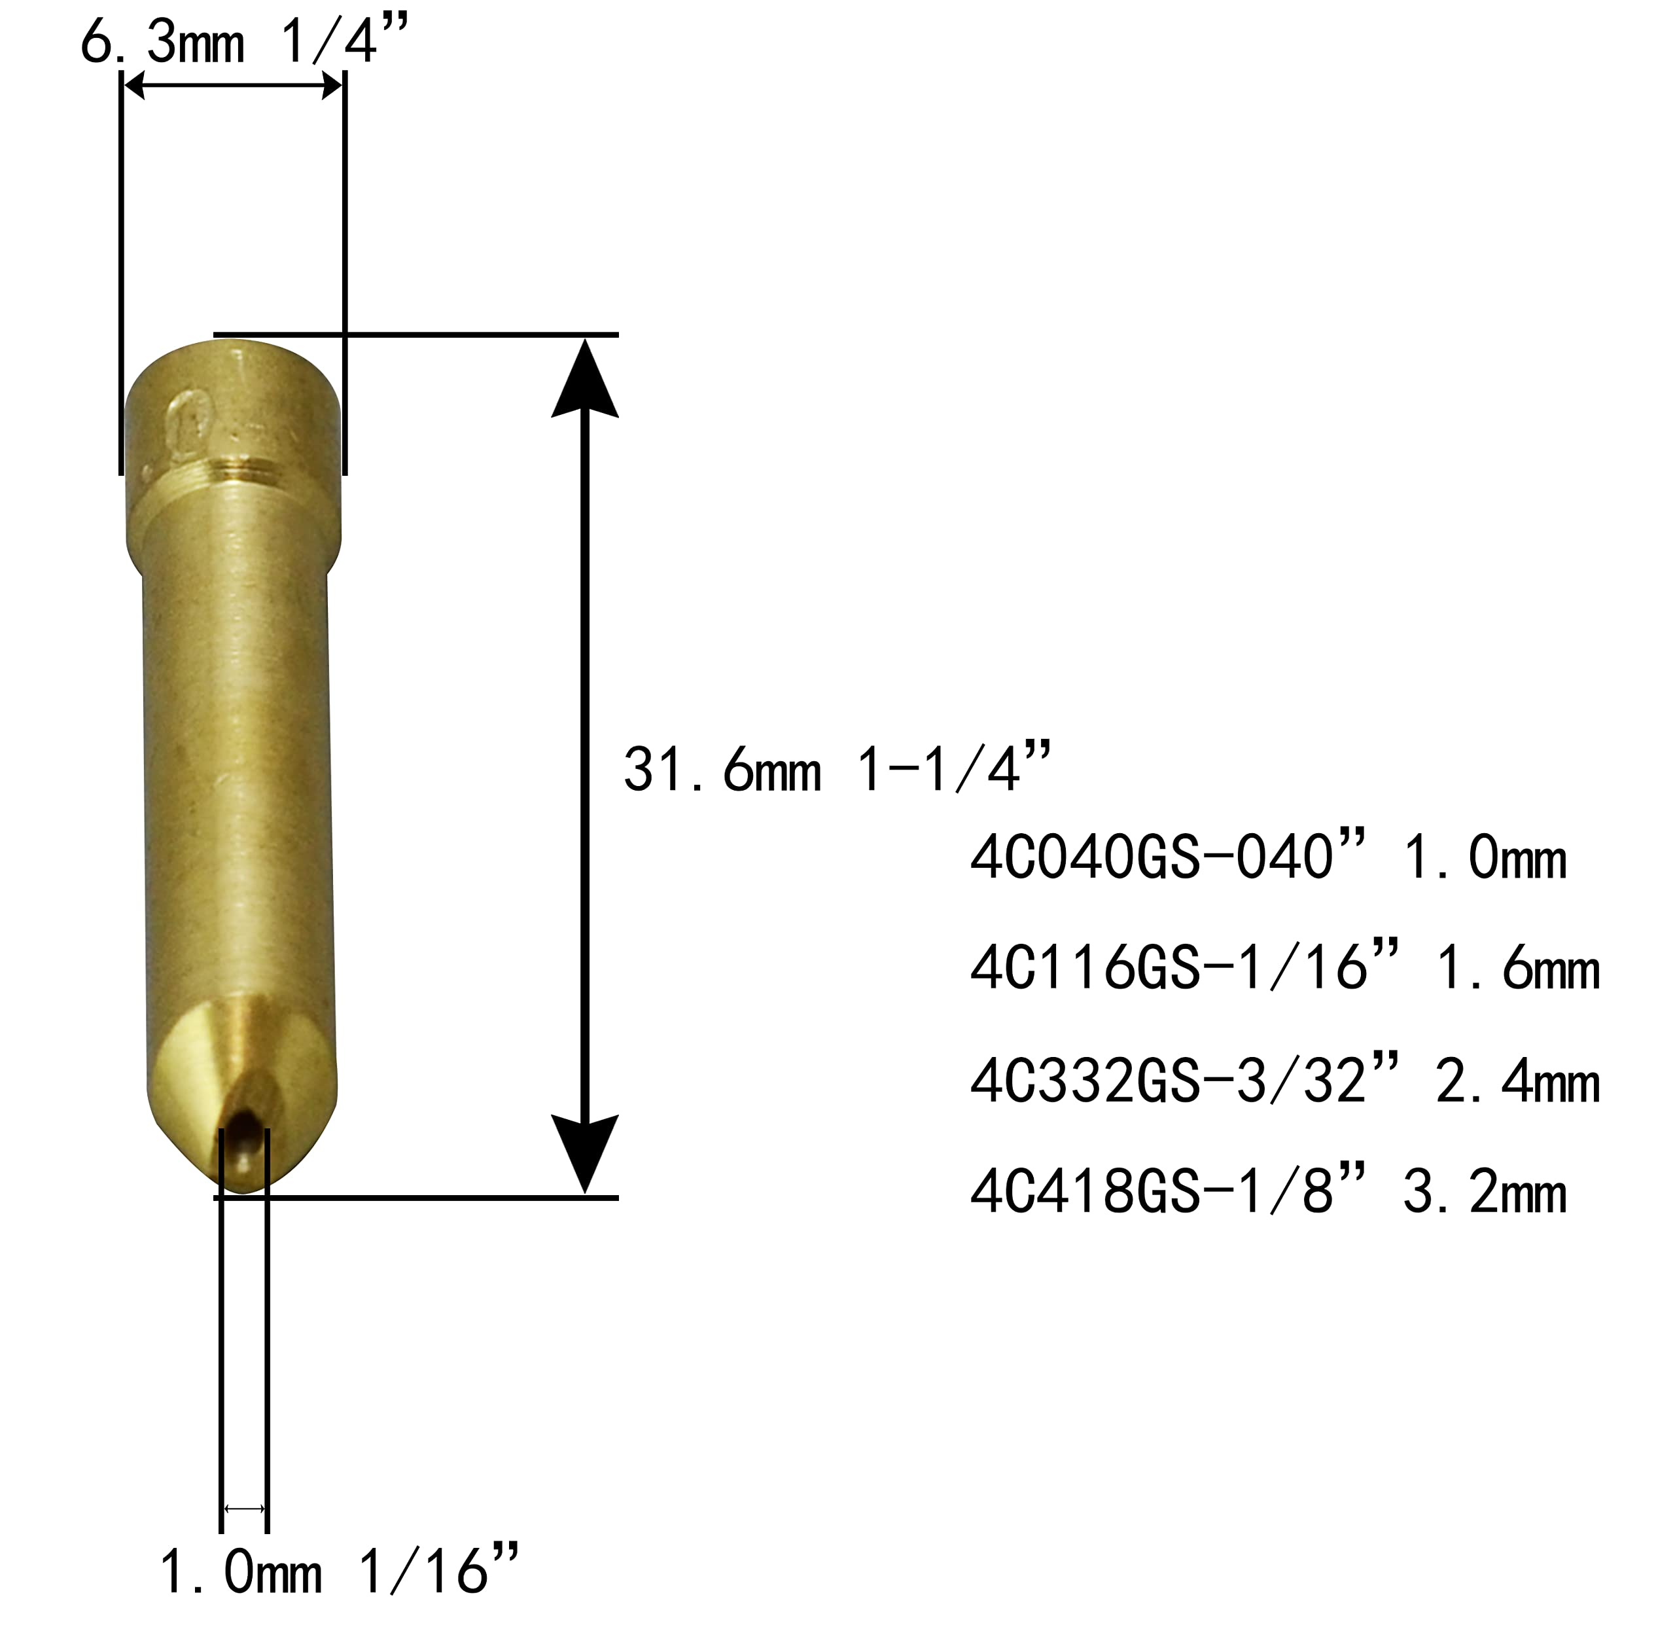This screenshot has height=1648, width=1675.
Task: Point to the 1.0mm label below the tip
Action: tap(241, 1573)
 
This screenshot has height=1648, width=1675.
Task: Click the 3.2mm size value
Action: tap(1485, 1192)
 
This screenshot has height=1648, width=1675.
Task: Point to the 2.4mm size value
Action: tap(1517, 1082)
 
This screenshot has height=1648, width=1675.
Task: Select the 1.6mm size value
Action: tap(1517, 969)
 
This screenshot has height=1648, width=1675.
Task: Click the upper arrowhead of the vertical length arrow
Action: tap(585, 381)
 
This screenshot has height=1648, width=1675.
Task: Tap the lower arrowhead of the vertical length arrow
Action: tap(585, 1151)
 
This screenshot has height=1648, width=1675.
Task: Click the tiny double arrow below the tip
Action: tap(245, 1509)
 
